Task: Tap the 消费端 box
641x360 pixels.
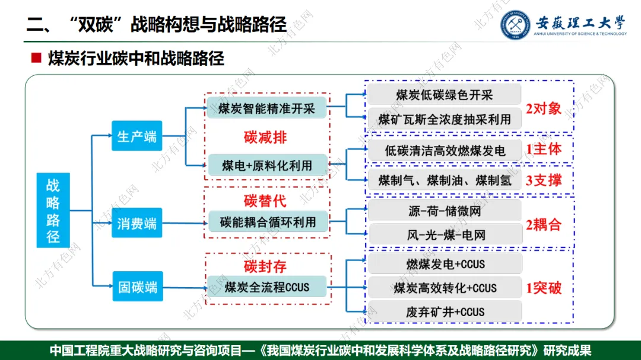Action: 137,224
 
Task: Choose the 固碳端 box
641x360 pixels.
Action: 137,287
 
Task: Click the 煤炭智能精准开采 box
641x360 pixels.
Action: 266,108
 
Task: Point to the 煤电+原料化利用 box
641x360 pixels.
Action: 267,165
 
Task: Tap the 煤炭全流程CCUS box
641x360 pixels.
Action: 267,287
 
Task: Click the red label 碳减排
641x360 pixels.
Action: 265,138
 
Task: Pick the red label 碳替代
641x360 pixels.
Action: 265,200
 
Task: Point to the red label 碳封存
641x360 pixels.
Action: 265,266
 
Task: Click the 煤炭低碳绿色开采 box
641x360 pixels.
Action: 444,95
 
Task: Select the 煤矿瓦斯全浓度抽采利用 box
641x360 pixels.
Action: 444,119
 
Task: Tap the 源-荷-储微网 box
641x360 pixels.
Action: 445,211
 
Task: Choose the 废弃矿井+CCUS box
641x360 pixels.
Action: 445,312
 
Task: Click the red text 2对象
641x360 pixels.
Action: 543,109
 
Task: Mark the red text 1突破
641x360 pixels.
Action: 543,289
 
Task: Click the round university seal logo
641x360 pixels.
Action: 514,26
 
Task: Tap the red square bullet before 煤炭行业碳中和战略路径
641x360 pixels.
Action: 36,58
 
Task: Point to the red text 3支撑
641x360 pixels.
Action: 543,180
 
